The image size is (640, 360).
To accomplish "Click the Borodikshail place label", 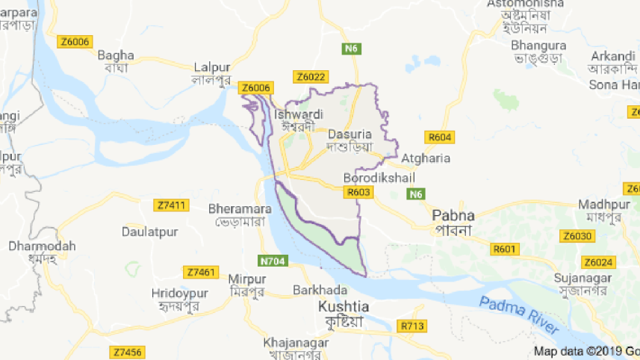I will point(379,178).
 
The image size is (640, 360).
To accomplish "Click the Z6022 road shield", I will point(311,76).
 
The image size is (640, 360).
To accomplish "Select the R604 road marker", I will point(440,137).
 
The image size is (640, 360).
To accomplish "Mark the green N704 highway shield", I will point(274,261).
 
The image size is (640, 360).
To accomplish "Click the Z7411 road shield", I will point(172,205).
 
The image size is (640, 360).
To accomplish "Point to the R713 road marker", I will point(411,326).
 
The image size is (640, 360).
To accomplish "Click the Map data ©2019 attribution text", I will point(582,350).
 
